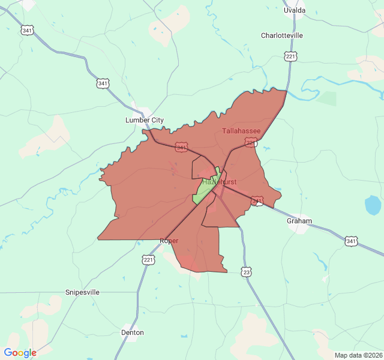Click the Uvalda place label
tap(295, 10)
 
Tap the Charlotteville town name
tap(282, 35)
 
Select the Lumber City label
tap(144, 120)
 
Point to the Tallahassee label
tap(241, 131)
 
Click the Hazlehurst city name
tap(219, 181)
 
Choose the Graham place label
tap(299, 221)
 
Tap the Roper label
tap(169, 241)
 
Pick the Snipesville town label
tap(82, 292)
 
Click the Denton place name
tap(133, 332)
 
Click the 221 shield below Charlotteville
tap(291, 56)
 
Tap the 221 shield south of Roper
tap(148, 259)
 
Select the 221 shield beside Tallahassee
tap(251, 143)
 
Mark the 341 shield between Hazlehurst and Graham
tap(257, 201)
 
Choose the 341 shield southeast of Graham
tap(352, 241)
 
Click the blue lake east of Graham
tap(373, 205)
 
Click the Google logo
tap(20, 353)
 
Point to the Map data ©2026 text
tap(358, 355)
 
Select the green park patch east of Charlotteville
tap(326, 98)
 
